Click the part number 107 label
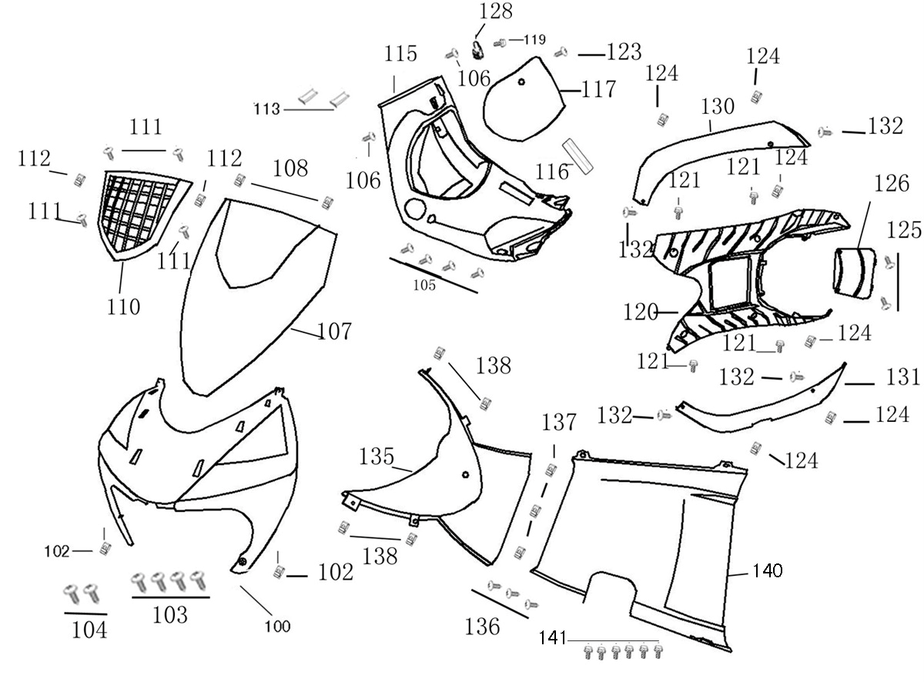[x=335, y=332]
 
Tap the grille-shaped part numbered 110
[x=142, y=212]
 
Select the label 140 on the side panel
[x=767, y=571]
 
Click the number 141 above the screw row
[x=553, y=638]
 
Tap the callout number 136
[x=482, y=627]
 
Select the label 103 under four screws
[x=170, y=615]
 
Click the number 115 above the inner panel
[x=401, y=54]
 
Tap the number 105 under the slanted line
[x=424, y=286]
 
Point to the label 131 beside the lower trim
[x=902, y=376]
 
